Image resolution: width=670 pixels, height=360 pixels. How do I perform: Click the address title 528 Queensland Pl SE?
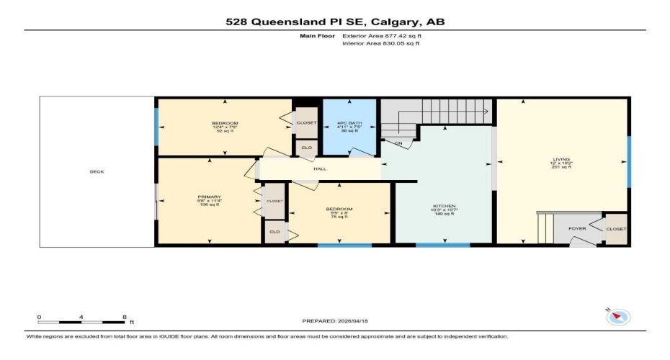click(x=334, y=22)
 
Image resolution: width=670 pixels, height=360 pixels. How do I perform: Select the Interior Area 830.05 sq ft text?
click(x=380, y=43)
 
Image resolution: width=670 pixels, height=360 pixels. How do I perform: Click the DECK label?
click(x=97, y=172)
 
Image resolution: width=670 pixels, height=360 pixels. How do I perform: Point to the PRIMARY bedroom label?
click(x=210, y=197)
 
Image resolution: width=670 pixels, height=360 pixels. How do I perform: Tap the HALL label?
click(x=320, y=169)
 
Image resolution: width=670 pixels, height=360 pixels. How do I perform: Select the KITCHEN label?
click(x=444, y=205)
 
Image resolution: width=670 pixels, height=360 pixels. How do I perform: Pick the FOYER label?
click(x=578, y=229)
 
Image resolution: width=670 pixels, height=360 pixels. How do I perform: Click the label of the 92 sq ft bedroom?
click(x=225, y=123)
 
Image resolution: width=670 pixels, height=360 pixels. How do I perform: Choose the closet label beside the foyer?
click(x=616, y=229)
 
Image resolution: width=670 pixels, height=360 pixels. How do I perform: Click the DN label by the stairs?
click(x=397, y=143)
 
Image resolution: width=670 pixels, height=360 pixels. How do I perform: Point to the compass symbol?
click(x=619, y=317)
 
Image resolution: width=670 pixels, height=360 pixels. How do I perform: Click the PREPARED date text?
click(x=334, y=322)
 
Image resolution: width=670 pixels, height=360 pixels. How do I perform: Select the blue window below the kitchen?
click(x=442, y=246)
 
